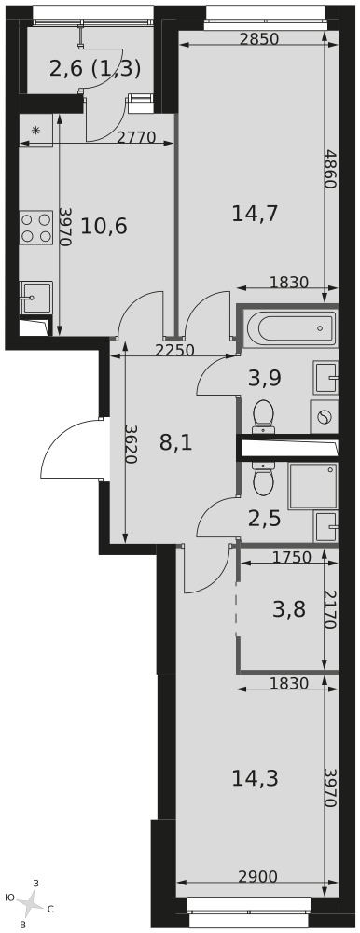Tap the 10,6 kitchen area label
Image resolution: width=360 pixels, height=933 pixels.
[x=104, y=226]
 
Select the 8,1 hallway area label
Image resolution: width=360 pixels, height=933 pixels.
[x=176, y=442]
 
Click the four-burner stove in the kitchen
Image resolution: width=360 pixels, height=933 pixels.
[x=35, y=228]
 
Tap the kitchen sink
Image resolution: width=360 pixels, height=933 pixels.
[x=35, y=298]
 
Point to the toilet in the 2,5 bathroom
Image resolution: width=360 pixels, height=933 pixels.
[x=263, y=479]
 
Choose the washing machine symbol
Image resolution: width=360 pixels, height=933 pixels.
[x=325, y=416]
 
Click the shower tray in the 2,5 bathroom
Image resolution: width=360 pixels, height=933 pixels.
[x=313, y=486]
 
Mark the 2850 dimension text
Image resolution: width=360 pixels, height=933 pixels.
[x=259, y=39]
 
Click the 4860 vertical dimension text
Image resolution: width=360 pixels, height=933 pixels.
[x=330, y=169]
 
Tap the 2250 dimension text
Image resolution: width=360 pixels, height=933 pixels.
[x=175, y=351]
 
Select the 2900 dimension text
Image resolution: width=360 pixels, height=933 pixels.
[x=258, y=876]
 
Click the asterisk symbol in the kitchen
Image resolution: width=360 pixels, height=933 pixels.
[x=35, y=131]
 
